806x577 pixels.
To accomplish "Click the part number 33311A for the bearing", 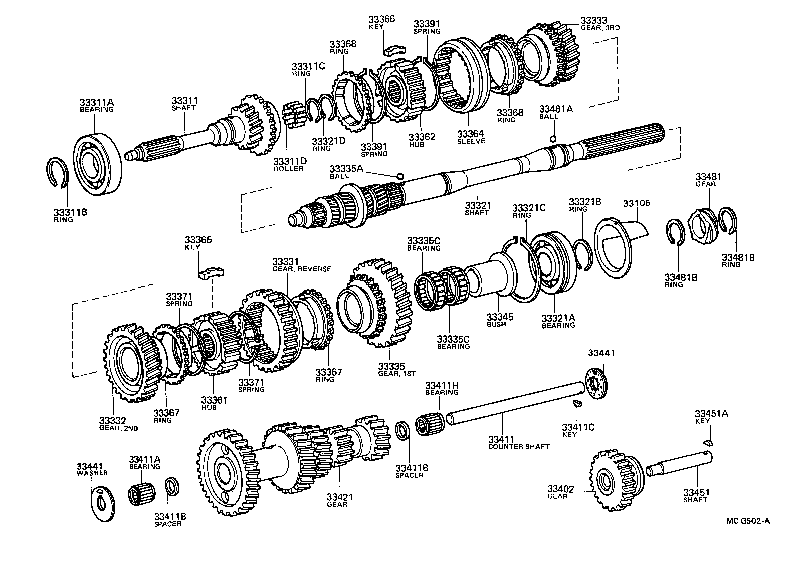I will (97, 103).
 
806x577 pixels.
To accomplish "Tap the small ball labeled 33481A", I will (552, 139).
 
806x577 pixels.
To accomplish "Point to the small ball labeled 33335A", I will (400, 176).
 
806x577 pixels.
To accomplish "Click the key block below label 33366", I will (393, 50).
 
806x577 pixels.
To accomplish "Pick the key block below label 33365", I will (212, 272).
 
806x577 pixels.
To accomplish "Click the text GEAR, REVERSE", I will (302, 269).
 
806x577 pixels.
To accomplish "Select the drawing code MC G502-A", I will (747, 521).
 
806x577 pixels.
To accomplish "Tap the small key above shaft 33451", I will (707, 442).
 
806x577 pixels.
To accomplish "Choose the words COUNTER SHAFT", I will (519, 447).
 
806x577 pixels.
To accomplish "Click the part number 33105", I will (636, 203).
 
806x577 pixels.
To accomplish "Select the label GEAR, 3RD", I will (600, 28).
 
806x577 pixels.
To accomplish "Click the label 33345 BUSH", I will (499, 320).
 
